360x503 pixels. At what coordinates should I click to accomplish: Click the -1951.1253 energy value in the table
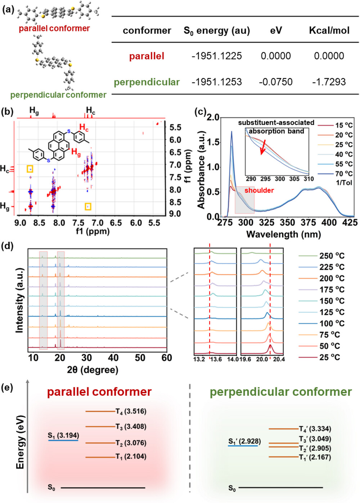[216, 82]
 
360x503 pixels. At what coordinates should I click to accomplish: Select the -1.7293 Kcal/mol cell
[329, 82]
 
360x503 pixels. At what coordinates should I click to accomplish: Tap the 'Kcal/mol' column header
[329, 31]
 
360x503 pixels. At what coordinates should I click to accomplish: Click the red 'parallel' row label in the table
[147, 56]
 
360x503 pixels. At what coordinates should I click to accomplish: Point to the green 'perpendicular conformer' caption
[58, 95]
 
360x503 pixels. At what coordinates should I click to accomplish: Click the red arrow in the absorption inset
[263, 147]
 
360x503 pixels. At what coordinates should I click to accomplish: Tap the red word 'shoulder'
[259, 190]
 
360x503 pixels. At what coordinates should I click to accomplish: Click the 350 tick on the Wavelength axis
[287, 223]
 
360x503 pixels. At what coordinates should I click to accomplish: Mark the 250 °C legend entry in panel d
[332, 256]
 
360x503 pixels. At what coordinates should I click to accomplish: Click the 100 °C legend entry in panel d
[332, 324]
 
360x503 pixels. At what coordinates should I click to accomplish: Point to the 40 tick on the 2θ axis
[113, 358]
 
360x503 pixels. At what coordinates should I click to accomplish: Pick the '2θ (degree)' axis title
[93, 370]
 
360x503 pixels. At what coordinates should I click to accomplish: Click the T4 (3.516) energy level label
[131, 411]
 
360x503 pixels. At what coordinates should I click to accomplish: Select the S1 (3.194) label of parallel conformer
[63, 436]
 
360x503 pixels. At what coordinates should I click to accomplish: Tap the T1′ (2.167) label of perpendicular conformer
[315, 457]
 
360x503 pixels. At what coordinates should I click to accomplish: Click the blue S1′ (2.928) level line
[243, 446]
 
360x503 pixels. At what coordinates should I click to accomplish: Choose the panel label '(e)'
[7, 388]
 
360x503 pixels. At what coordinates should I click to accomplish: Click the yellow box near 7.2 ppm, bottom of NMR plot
[88, 206]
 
